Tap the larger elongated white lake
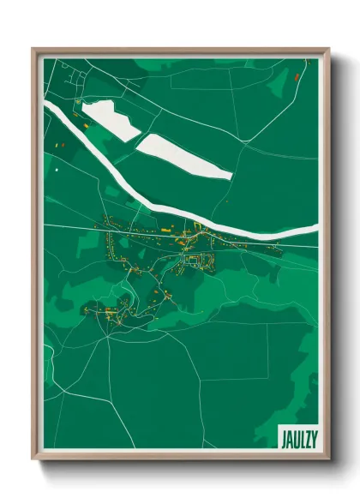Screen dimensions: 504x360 click(183, 155)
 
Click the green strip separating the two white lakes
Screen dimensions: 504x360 click(137, 136)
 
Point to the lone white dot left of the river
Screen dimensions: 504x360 click(56, 170)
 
